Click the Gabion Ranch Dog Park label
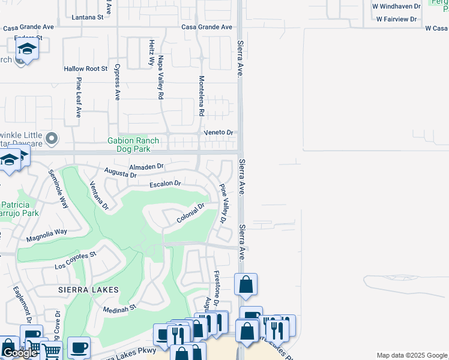[x=133, y=145]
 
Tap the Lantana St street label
[x=88, y=18]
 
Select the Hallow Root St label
[x=85, y=69]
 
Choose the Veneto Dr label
[x=217, y=132]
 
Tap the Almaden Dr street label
[x=146, y=166]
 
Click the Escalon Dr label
[x=165, y=184]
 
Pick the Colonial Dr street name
[x=191, y=214]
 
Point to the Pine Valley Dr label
[x=223, y=204]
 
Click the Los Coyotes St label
[x=76, y=260]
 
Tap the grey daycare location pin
[x=52, y=139]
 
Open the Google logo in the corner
[x=19, y=353]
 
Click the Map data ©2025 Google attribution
[x=412, y=355]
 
